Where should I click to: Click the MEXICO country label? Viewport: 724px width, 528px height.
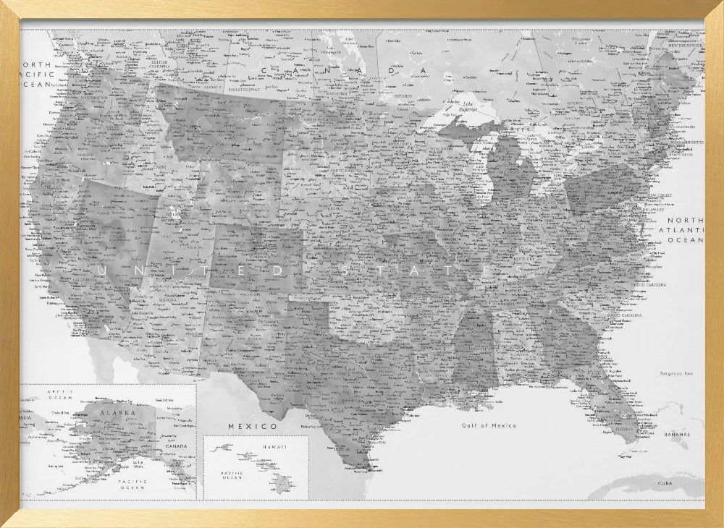253,426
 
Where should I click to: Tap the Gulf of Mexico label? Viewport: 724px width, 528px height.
489,425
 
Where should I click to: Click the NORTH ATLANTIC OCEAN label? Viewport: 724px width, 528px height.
685,229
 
